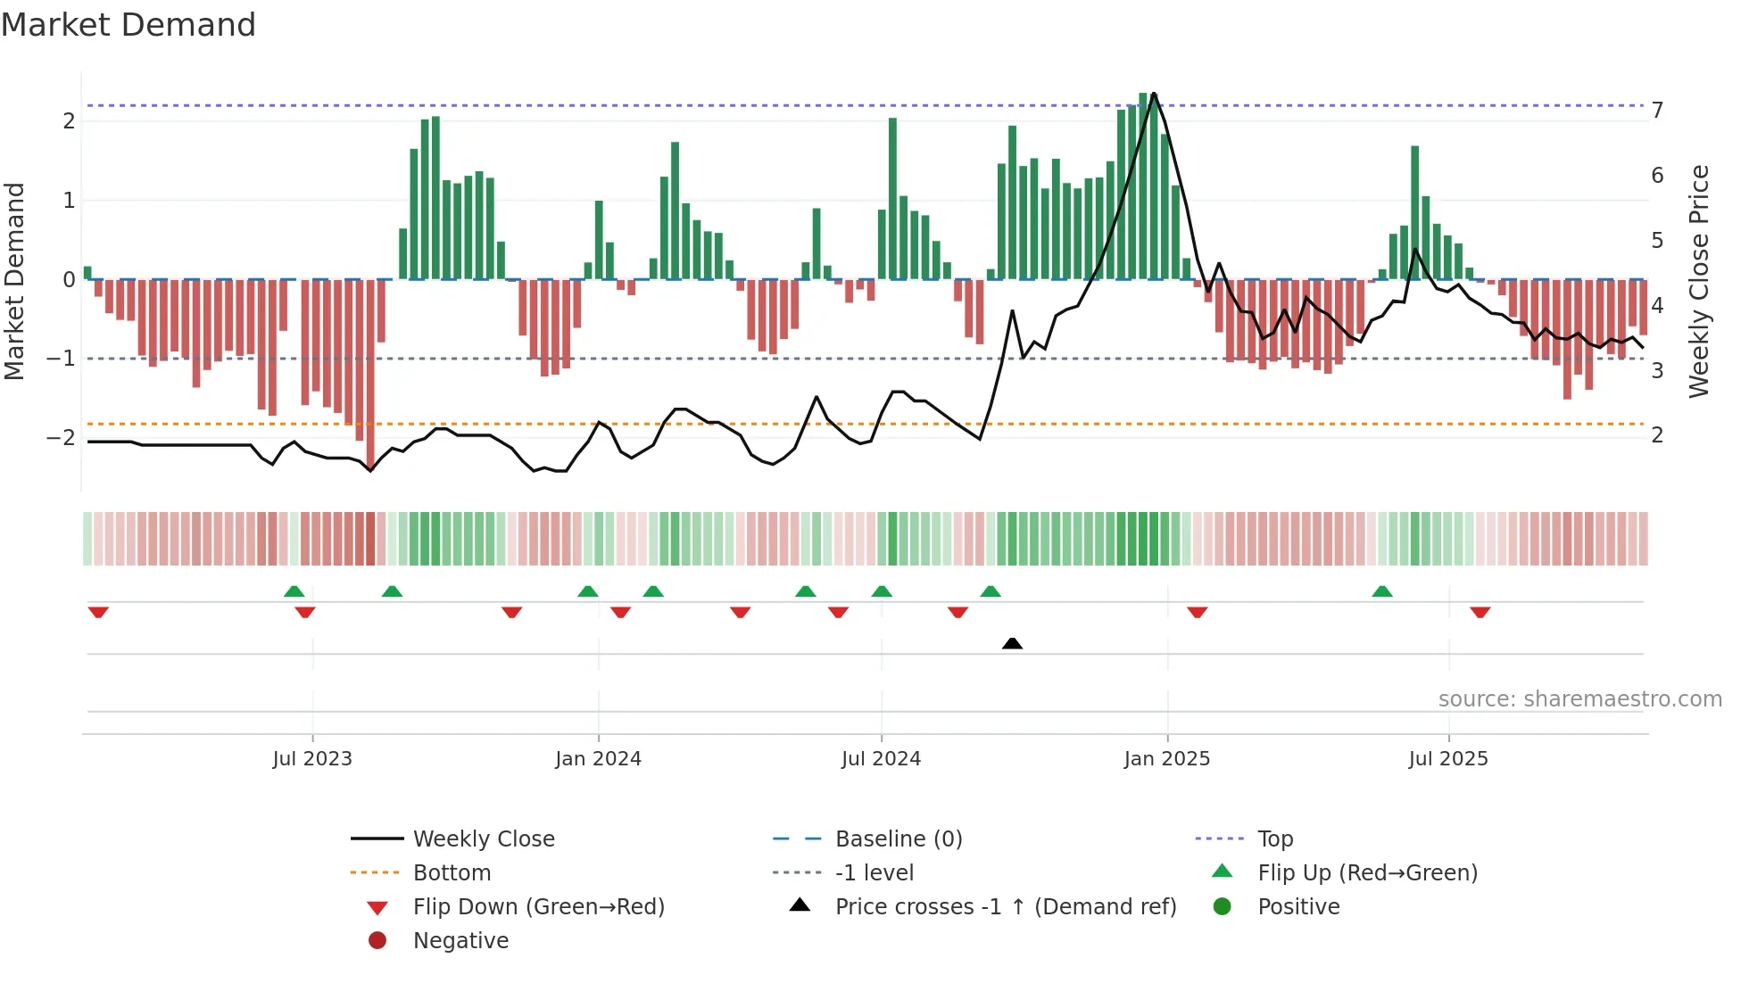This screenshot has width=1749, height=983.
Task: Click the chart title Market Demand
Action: [x=128, y=25]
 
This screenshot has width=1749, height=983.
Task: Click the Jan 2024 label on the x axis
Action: [x=598, y=759]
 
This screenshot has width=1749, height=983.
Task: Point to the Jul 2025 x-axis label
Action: [x=1448, y=759]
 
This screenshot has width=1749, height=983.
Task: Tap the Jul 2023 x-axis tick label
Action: [x=312, y=759]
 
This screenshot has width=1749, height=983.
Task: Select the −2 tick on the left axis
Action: [x=61, y=438]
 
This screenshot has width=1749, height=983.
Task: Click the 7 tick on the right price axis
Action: [x=1657, y=111]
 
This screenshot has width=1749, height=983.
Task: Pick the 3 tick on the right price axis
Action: [x=1657, y=371]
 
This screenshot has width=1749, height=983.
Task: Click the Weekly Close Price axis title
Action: [x=1699, y=281]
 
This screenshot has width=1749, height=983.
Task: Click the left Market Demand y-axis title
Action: [x=15, y=281]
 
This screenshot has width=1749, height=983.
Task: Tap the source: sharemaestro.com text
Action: [x=1579, y=699]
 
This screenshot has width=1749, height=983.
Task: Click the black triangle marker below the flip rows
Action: [x=1012, y=643]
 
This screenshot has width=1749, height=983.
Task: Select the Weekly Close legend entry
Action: [x=483, y=839]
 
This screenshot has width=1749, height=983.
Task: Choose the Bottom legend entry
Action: [x=452, y=873]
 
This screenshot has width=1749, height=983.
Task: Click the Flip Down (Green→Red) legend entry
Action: [x=538, y=907]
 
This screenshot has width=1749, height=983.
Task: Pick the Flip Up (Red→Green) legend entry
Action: [x=1367, y=873]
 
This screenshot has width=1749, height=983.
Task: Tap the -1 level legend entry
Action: [x=874, y=873]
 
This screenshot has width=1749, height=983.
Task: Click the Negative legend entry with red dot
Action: [x=460, y=941]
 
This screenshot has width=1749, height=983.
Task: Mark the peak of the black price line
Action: [x=1154, y=94]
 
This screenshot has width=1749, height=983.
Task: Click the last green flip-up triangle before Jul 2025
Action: [x=1382, y=591]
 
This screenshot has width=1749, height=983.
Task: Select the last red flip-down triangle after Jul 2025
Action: [x=1480, y=612]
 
